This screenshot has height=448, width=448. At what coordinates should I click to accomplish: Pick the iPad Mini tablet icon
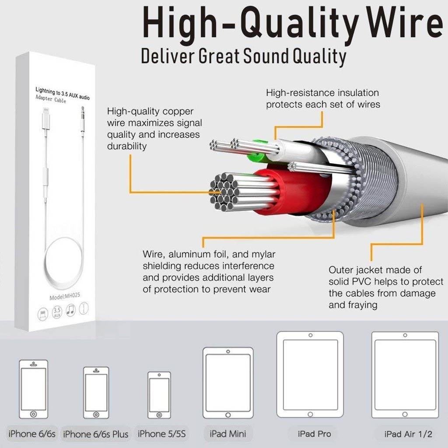click(227, 383)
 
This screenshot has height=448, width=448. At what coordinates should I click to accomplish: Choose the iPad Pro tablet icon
click(310, 374)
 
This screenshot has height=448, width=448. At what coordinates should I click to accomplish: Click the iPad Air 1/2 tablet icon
click(405, 375)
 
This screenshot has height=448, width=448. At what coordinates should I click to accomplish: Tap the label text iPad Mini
click(227, 434)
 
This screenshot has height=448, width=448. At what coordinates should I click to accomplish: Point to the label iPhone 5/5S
click(161, 434)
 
